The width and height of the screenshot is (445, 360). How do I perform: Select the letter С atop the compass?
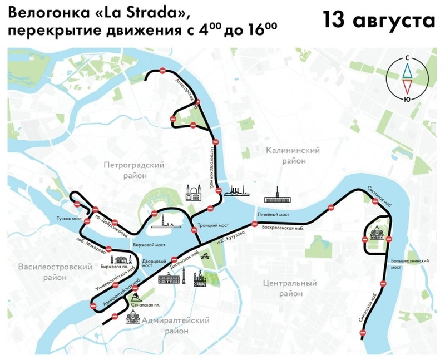point(408,57)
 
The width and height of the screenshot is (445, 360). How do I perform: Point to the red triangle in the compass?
point(408,86)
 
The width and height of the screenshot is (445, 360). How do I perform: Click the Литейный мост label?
point(273,214)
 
